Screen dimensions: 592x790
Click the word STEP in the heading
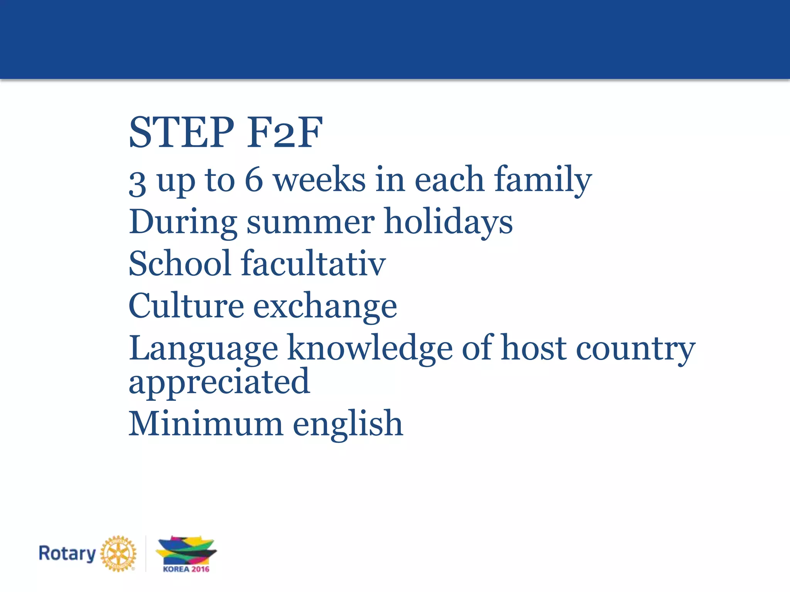click(x=181, y=133)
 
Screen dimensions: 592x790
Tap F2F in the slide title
click(x=285, y=133)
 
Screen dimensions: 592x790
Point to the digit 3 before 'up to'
click(x=137, y=183)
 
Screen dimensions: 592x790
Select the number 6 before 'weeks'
click(x=254, y=180)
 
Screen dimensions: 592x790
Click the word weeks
click(x=319, y=180)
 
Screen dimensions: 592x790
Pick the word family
click(x=543, y=180)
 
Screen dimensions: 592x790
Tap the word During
click(x=183, y=223)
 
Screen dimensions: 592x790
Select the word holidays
click(x=449, y=222)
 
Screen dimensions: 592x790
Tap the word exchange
click(x=325, y=307)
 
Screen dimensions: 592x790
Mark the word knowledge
click(x=370, y=348)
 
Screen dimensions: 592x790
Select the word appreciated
click(x=219, y=382)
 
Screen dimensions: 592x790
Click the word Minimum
click(x=206, y=424)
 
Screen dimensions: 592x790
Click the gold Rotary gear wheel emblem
click(x=118, y=553)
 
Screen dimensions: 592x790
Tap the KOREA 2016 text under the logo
click(x=186, y=569)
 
